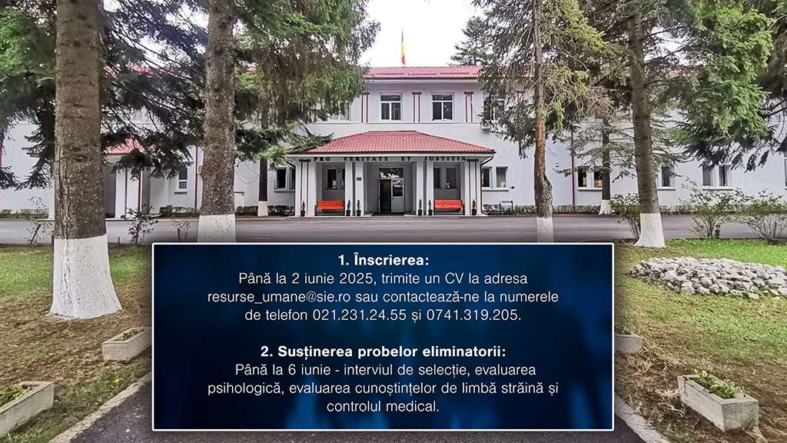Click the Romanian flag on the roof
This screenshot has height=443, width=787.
403,48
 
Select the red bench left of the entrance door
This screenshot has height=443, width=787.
330,205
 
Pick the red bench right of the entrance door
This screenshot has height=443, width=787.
448,205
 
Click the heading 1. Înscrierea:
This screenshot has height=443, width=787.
384,260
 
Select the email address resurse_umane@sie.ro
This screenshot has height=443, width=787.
279,298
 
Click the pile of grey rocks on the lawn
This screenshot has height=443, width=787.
709,277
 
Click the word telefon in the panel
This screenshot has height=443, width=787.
284,315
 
